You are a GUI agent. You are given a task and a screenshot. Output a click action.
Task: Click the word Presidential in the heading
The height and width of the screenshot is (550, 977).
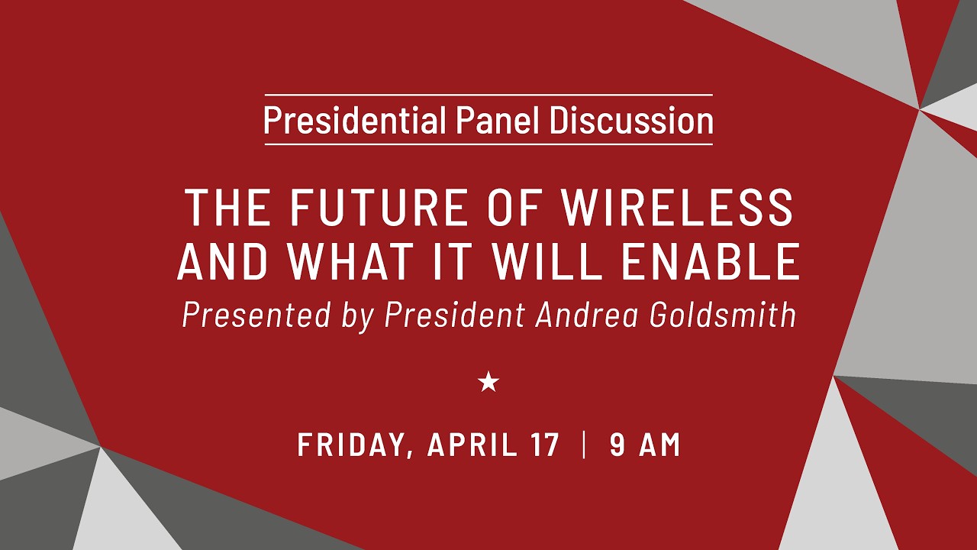(355, 120)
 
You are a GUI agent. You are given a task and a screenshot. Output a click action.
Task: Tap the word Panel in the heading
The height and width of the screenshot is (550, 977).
(498, 120)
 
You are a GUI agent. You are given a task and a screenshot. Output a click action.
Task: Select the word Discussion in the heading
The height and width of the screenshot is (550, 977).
(631, 120)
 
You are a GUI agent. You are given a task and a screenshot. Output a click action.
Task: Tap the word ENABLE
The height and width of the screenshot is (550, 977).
(711, 261)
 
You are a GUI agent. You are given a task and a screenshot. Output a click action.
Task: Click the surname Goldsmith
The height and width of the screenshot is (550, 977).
(723, 315)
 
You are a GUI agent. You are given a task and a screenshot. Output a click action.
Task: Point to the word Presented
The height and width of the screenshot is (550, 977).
(256, 315)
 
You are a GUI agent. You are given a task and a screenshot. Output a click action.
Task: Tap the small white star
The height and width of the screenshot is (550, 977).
(488, 382)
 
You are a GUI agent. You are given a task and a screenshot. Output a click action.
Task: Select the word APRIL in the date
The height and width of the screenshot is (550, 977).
(472, 445)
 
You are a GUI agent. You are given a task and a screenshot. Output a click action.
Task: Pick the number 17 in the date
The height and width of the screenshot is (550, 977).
(545, 445)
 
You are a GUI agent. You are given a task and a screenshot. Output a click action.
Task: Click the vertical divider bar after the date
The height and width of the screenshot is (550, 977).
(584, 445)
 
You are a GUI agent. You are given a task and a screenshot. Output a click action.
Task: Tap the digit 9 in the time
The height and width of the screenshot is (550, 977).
(617, 445)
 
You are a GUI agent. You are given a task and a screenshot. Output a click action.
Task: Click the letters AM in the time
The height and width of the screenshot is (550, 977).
(660, 445)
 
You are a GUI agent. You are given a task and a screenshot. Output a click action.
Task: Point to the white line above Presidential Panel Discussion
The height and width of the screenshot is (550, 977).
(488, 95)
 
